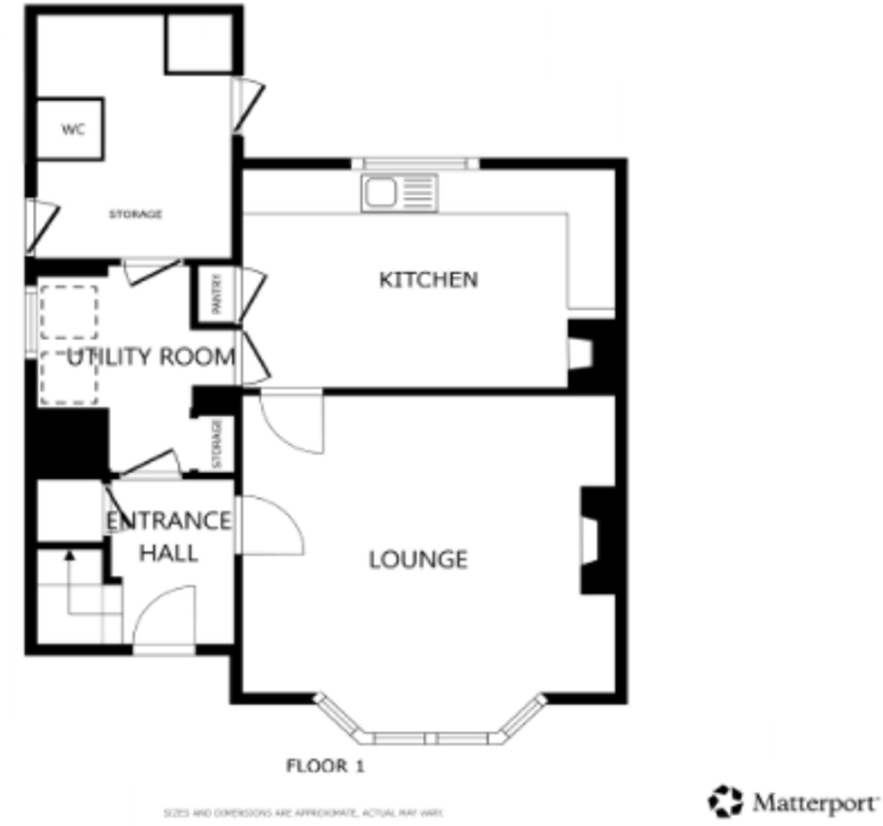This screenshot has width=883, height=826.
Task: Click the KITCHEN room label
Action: (x=428, y=280)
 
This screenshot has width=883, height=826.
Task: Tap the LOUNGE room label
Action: (x=418, y=560)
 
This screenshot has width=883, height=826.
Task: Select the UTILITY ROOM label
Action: (x=151, y=357)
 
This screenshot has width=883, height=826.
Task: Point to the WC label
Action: (x=73, y=130)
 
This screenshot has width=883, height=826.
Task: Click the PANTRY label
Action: (x=216, y=294)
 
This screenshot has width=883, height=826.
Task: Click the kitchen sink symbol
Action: (x=399, y=192)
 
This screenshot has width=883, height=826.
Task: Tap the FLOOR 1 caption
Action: (x=325, y=765)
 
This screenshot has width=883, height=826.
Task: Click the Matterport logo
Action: (x=793, y=801)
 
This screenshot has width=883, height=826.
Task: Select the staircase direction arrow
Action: (x=69, y=555)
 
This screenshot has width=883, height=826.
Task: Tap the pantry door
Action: (x=252, y=294)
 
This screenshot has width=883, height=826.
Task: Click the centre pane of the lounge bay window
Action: (x=430, y=738)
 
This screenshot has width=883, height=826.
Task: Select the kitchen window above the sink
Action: (x=415, y=163)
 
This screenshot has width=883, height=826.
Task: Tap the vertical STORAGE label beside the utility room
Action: (x=216, y=443)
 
